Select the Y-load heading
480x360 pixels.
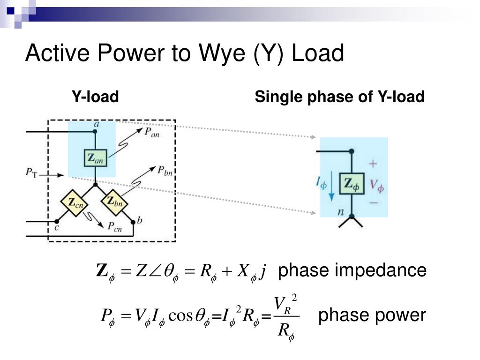pyautogui.click(x=95, y=97)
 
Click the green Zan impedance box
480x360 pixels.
pyautogui.click(x=95, y=157)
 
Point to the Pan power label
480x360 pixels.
pyautogui.click(x=151, y=133)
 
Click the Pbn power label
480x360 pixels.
pyautogui.click(x=165, y=171)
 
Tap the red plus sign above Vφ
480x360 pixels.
pyautogui.click(x=373, y=164)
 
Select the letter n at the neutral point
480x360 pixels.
pyautogui.click(x=341, y=212)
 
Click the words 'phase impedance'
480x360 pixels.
pyautogui.click(x=352, y=270)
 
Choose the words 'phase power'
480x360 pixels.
pyautogui.click(x=372, y=315)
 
